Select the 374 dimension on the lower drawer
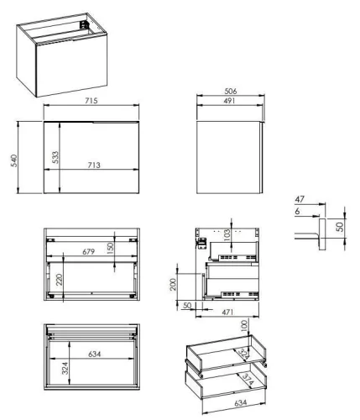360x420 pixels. pyautogui.click(x=245, y=381)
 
